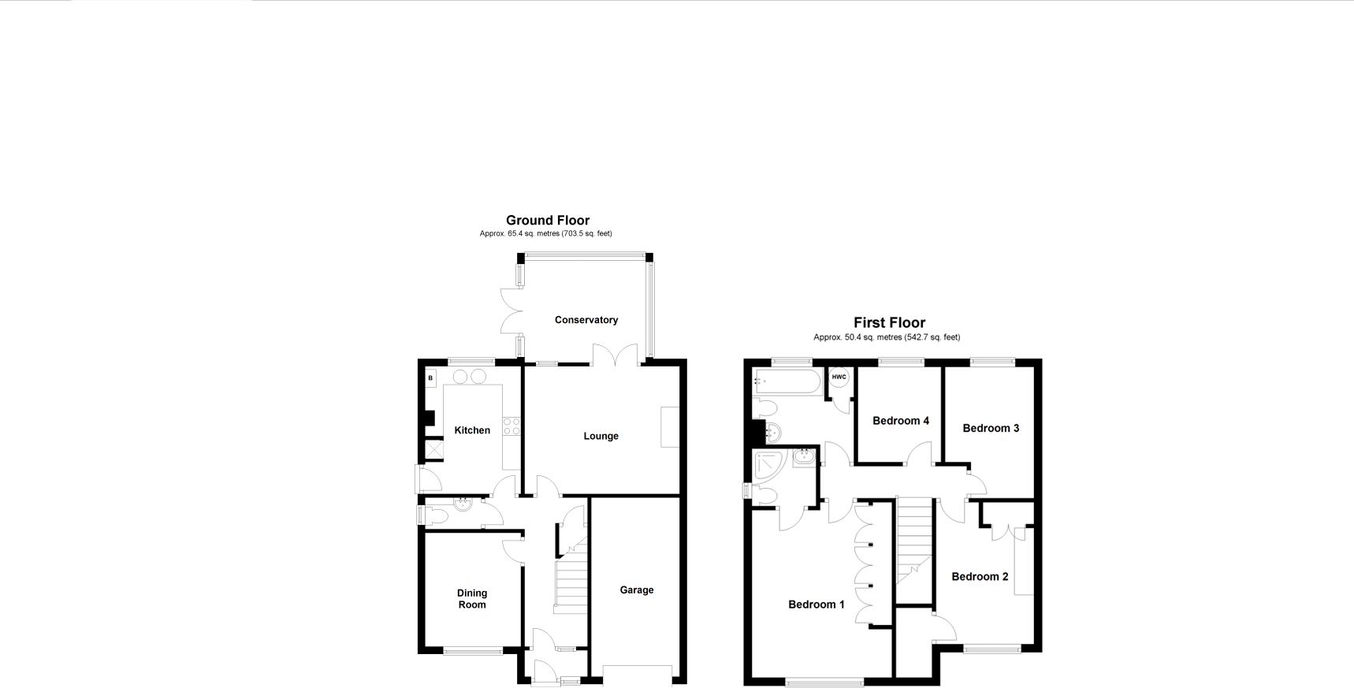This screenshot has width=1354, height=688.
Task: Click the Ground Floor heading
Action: (x=547, y=221)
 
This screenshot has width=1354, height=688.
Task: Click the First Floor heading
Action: (x=889, y=322)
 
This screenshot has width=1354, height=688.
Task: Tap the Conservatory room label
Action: (x=586, y=320)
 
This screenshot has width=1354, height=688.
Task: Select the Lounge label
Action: (x=601, y=436)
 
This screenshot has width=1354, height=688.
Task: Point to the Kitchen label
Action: (x=472, y=430)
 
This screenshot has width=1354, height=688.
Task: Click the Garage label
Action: (x=636, y=590)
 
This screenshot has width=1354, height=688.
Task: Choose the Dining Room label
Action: (x=472, y=599)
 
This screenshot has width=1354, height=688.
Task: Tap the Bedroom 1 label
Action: (x=816, y=604)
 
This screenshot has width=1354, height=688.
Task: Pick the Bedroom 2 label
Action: (x=980, y=577)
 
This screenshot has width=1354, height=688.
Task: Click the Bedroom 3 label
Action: (x=991, y=428)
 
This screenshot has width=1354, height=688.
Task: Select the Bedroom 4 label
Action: (x=900, y=421)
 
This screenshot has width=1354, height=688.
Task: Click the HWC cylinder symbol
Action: (x=839, y=377)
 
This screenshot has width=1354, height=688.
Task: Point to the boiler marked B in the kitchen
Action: (x=430, y=378)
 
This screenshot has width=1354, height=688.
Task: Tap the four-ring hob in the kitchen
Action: (x=511, y=426)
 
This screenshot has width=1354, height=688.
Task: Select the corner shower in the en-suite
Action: (x=768, y=466)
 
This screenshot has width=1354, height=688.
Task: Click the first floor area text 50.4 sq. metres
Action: (x=887, y=337)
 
